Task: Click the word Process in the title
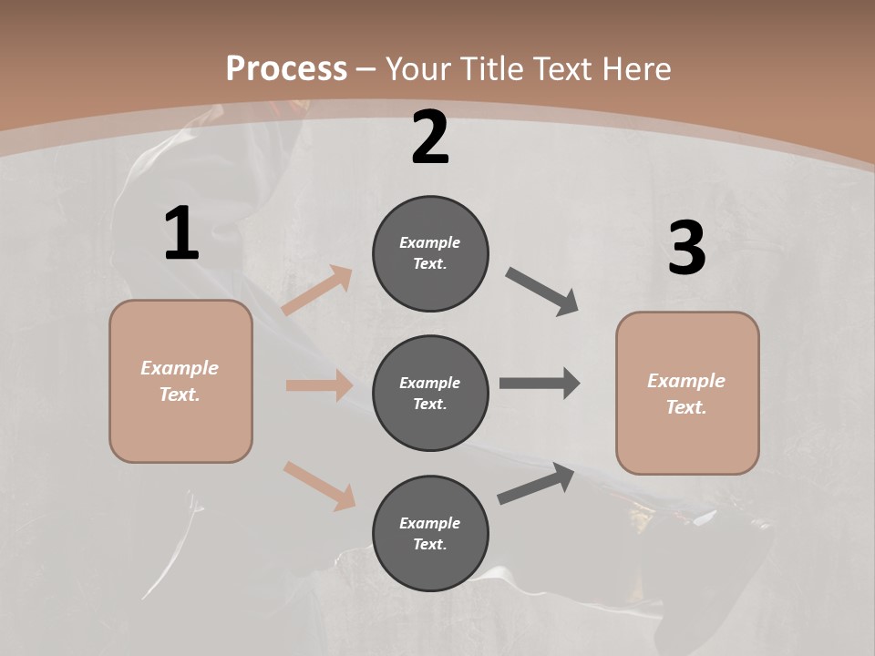tap(286, 68)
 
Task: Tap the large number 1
tap(181, 234)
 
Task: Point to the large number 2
tap(430, 138)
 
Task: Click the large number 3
tap(686, 248)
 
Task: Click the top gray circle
tap(430, 253)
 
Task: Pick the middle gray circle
tap(430, 393)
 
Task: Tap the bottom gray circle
tap(430, 533)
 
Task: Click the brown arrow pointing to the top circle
tap(317, 291)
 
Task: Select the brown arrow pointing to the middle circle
tap(319, 385)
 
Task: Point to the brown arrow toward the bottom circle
tap(319, 486)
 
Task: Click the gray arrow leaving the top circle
tap(542, 292)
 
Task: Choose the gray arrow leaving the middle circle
tap(540, 384)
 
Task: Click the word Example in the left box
tap(180, 368)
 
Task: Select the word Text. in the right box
tap(686, 407)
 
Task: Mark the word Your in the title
tap(419, 68)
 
